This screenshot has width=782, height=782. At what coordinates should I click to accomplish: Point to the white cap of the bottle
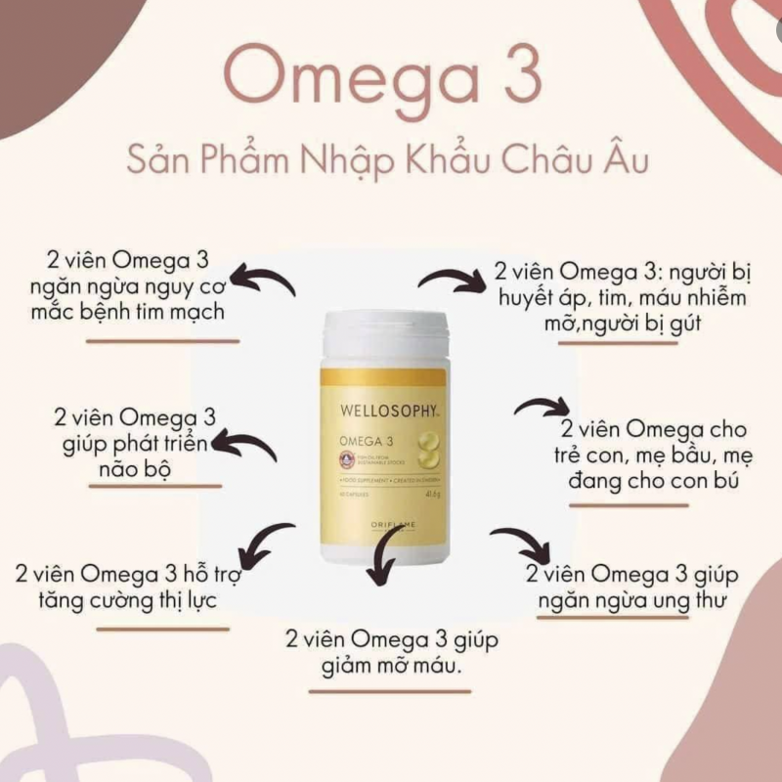click(x=384, y=333)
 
